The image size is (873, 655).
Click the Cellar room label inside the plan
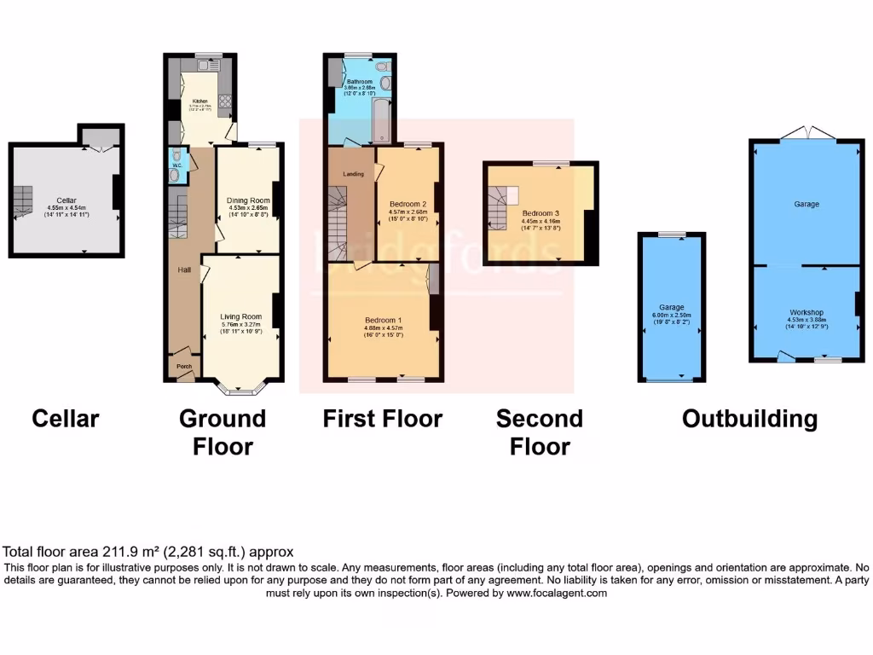[x=66, y=200]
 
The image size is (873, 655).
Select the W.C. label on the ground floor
[x=176, y=165]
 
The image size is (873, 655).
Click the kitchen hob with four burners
[x=227, y=105]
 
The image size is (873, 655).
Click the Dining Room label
[x=249, y=200]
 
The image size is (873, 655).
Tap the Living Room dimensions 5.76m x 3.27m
[x=240, y=324]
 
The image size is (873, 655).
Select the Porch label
[x=184, y=367]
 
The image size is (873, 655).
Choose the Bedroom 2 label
[x=408, y=205]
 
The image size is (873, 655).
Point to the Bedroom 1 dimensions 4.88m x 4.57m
[x=384, y=329]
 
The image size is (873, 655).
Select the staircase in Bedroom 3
[x=498, y=207]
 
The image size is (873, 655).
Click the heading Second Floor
[x=539, y=432]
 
